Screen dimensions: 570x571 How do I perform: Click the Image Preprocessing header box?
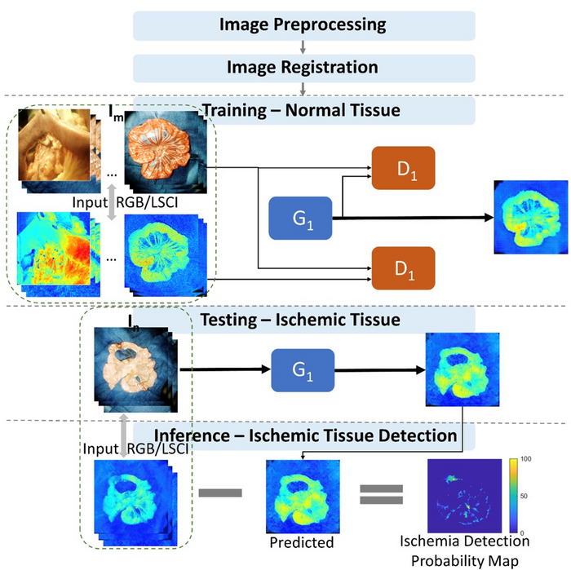tap(303, 24)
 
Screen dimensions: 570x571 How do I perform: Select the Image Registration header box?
tap(303, 67)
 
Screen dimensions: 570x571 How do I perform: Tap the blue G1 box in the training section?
tap(301, 218)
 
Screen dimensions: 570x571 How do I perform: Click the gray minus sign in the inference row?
tap(219, 492)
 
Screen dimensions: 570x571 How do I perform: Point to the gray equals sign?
tap(382, 493)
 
